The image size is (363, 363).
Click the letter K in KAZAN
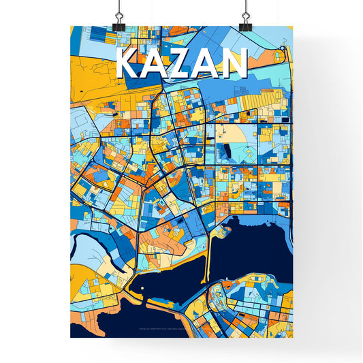(x=129, y=65)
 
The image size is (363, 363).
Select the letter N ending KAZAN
(x=232, y=65)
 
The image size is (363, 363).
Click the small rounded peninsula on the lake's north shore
(x=219, y=232)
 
